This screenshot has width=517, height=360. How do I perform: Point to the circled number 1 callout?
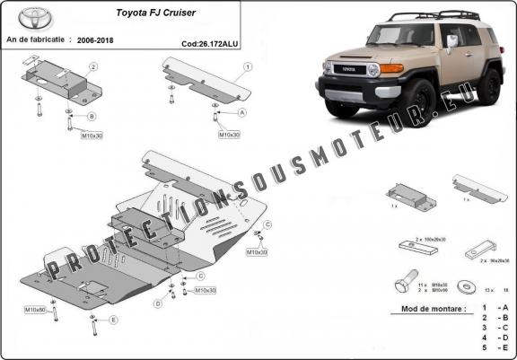247,67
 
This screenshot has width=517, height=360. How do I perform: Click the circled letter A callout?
241,113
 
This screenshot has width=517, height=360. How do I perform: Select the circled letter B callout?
92,117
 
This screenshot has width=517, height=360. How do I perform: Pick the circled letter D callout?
158,303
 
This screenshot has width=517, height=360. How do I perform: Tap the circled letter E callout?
113,320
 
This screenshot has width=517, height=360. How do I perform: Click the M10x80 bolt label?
35,310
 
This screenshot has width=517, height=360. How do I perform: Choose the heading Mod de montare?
427,309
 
